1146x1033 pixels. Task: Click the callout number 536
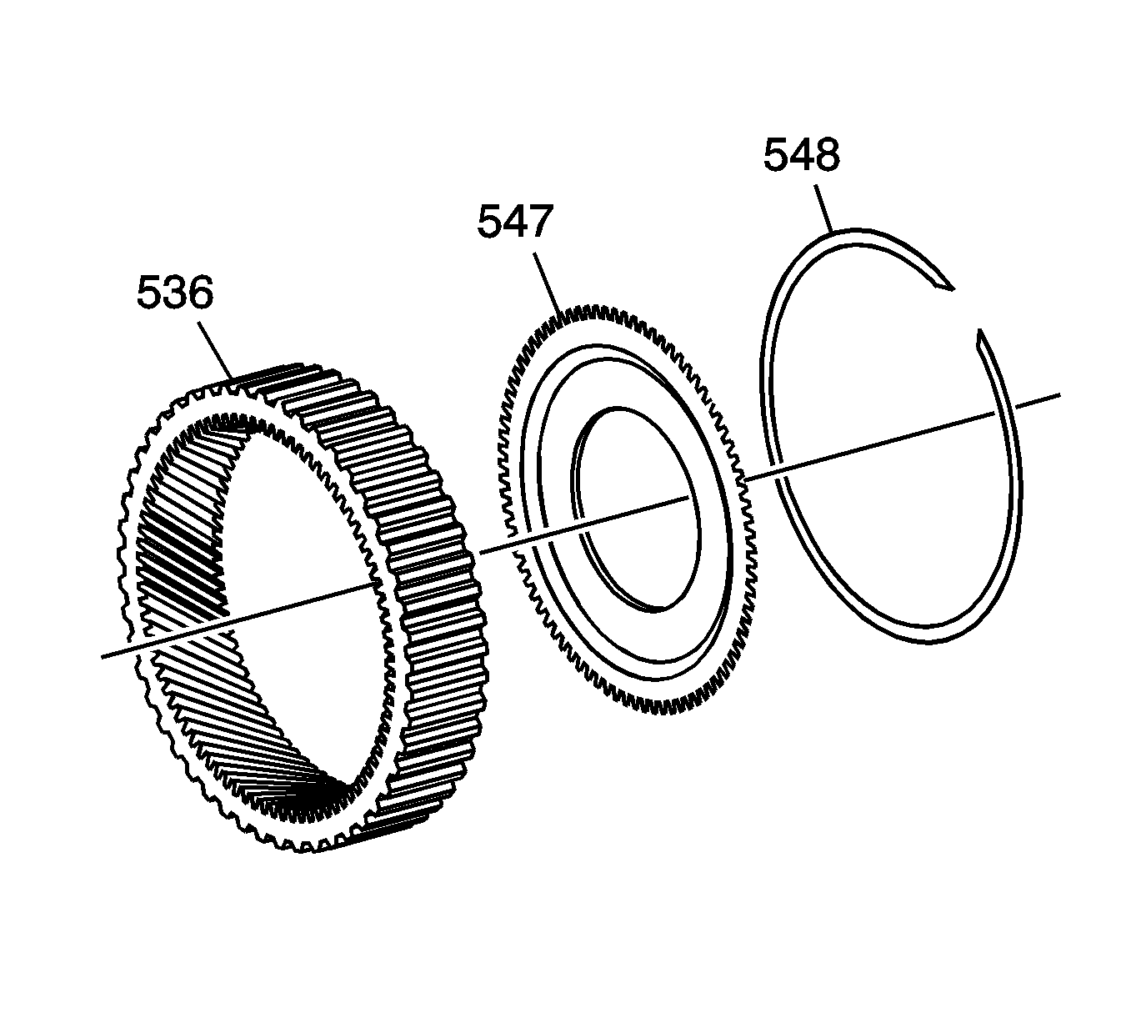[x=175, y=293]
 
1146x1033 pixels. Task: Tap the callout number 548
[x=802, y=154]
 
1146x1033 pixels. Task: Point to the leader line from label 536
[x=215, y=350]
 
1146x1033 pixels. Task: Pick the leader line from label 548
[x=823, y=208]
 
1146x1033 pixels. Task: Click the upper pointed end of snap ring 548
[x=953, y=289]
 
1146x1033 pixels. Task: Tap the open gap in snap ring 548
[x=965, y=310]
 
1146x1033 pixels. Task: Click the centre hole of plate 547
[x=638, y=508]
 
